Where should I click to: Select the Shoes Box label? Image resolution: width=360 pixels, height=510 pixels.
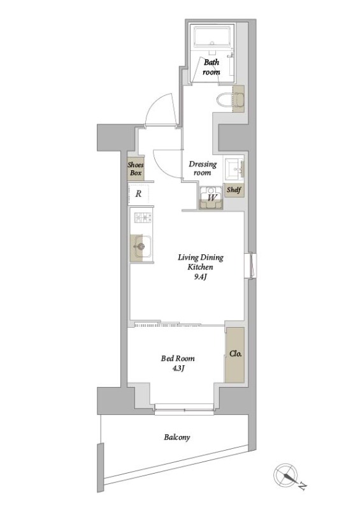[x=136, y=169]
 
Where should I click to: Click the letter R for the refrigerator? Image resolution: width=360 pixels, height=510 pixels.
[x=138, y=194]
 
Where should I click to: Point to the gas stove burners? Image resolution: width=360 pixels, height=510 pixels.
[x=143, y=217]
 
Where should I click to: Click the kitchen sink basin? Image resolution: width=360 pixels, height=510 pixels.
[x=141, y=246]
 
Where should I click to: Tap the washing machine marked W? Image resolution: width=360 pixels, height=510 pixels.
[x=212, y=197]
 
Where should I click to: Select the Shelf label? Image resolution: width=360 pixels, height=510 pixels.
[x=234, y=189]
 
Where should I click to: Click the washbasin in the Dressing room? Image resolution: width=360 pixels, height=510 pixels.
[x=234, y=169]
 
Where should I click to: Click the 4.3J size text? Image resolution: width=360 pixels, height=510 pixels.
[x=178, y=368]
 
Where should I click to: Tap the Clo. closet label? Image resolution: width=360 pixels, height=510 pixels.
[x=236, y=354]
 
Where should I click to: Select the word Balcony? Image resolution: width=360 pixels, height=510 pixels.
[x=177, y=437]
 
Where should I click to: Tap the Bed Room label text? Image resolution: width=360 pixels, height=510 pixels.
[x=178, y=358]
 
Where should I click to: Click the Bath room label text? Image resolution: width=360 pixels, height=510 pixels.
[x=212, y=67]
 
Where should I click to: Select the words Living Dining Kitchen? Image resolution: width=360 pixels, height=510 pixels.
[x=201, y=262]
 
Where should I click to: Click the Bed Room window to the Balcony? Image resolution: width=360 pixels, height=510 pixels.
[x=184, y=409]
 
